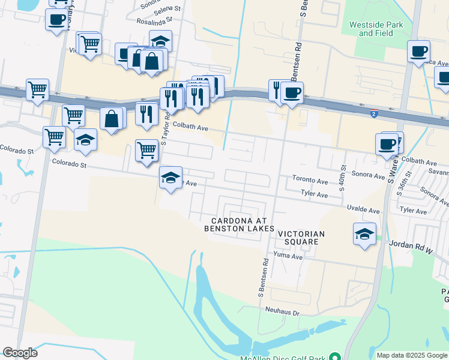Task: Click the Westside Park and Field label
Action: tap(376, 29)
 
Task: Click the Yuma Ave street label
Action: tap(288, 256)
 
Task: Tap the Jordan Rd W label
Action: tap(411, 244)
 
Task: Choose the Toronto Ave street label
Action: tap(310, 179)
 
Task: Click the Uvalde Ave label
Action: tap(363, 211)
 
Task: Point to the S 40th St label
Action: tap(344, 178)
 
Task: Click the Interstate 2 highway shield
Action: tap(373, 114)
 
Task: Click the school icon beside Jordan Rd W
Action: tap(364, 233)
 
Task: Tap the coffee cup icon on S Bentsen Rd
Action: tap(292, 92)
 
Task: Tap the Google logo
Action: tap(20, 353)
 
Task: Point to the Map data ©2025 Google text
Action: tap(412, 355)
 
